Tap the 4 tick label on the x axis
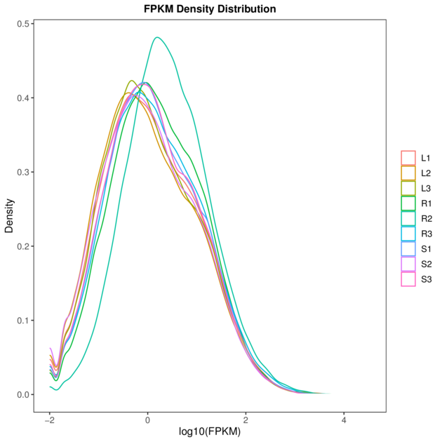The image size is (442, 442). tap(344, 420)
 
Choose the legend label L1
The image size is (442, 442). tap(426, 158)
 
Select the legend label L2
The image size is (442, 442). tap(426, 173)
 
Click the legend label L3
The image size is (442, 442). tap(426, 188)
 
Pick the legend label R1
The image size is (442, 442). tap(426, 203)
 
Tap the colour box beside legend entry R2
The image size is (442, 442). tap(408, 219)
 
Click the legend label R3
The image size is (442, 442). tap(426, 234)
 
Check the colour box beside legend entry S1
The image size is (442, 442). tap(408, 249)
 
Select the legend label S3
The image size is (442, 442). tap(426, 279)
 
